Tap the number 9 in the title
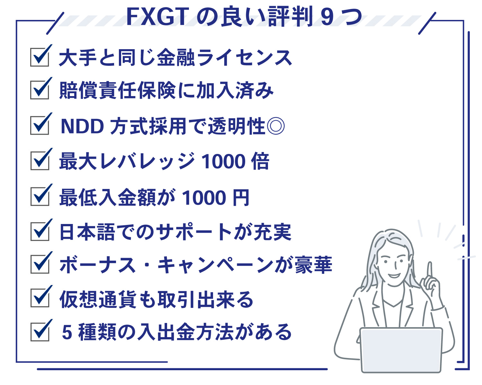tap(327, 17)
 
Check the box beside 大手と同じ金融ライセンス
tap(40, 57)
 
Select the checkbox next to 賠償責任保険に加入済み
tap(40, 90)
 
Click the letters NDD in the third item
tap(82, 126)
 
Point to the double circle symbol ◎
tap(276, 126)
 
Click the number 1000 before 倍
tap(223, 161)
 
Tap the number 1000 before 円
tap(204, 197)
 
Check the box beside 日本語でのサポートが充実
tap(40, 231)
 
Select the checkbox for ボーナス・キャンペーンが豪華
tap(40, 264)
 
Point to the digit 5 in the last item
tap(67, 332)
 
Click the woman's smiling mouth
tap(394, 275)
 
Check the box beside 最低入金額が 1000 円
tap(40, 197)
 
